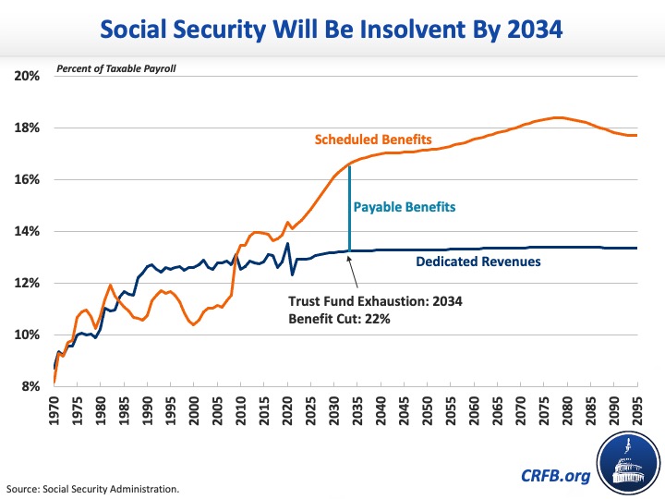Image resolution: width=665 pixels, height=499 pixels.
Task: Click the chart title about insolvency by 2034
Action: tap(332, 30)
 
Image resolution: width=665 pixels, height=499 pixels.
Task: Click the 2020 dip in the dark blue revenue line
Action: tap(293, 274)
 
